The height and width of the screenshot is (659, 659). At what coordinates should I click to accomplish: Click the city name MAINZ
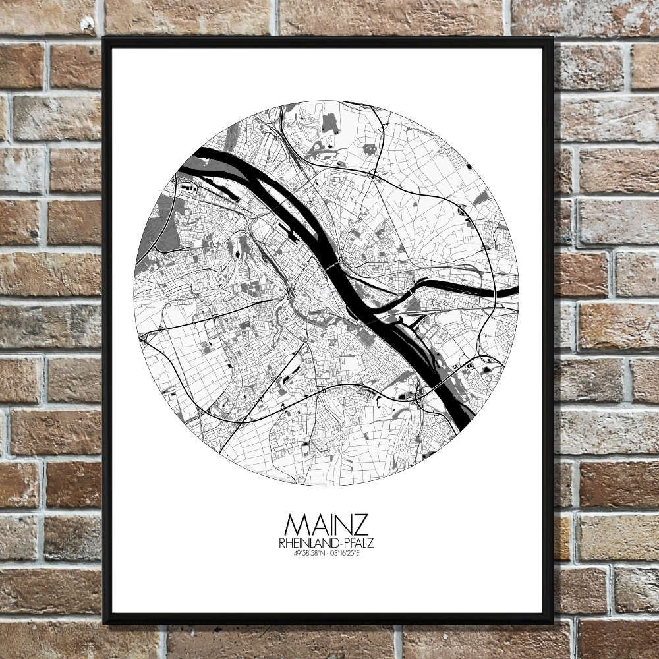[x=327, y=525]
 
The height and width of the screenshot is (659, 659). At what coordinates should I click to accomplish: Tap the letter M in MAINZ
[x=296, y=525]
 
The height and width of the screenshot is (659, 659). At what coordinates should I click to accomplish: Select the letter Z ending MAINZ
[x=360, y=525]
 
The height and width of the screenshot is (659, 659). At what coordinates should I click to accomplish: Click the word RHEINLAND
[x=307, y=542]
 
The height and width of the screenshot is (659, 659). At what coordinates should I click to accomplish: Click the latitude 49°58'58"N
[x=310, y=552]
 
